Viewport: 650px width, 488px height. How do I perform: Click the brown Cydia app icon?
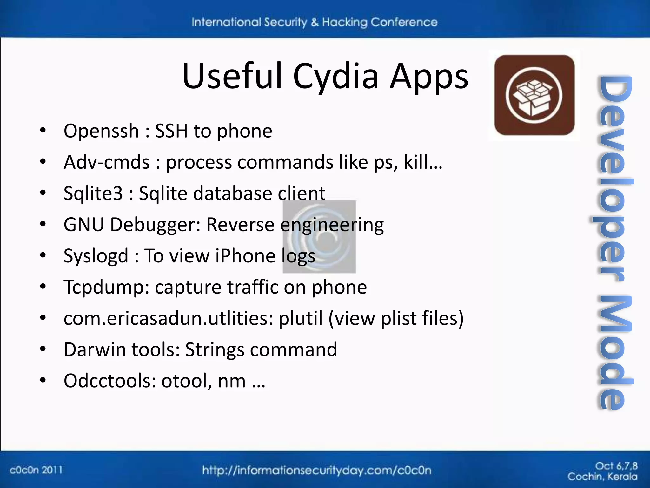click(x=534, y=95)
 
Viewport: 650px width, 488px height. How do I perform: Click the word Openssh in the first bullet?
click(x=101, y=131)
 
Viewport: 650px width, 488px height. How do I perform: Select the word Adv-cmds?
click(x=106, y=162)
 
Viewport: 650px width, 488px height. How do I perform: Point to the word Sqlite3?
click(x=93, y=193)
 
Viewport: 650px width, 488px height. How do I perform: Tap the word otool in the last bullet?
click(x=186, y=381)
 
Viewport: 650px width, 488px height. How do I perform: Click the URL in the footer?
click(x=317, y=470)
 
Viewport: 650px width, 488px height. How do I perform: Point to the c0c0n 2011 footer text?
click(x=36, y=470)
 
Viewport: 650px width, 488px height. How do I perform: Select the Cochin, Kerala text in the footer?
click(x=602, y=477)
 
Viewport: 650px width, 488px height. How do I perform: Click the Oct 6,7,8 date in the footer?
click(x=616, y=466)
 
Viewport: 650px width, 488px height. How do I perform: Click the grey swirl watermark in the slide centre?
click(x=319, y=237)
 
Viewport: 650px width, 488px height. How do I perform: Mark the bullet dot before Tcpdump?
click(x=43, y=287)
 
